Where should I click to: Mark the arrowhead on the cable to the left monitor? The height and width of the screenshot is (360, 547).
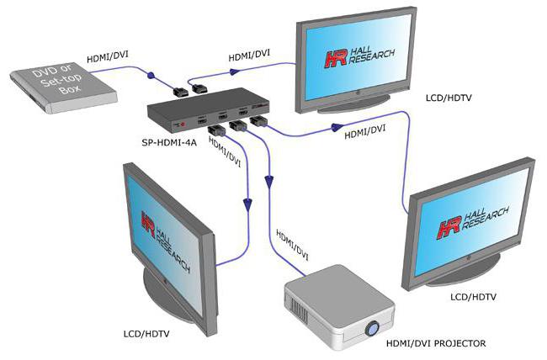248,203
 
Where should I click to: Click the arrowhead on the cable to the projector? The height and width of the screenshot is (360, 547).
269,179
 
